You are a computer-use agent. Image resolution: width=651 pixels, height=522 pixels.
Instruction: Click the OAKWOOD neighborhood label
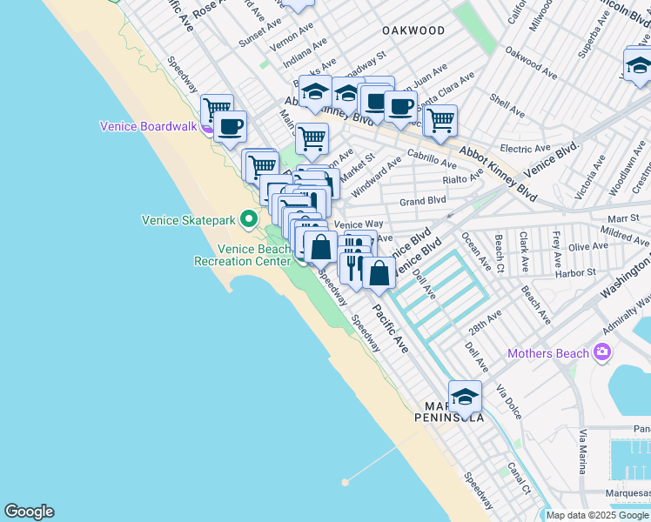(413, 30)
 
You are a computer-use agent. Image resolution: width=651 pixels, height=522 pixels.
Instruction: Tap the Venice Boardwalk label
(149, 125)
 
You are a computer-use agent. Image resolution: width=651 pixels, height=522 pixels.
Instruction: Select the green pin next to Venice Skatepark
(248, 218)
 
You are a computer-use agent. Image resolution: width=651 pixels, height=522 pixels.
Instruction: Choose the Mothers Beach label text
(548, 354)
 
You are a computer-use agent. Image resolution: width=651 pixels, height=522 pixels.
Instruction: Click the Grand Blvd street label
(422, 201)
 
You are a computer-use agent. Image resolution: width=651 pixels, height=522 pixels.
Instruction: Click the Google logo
(29, 512)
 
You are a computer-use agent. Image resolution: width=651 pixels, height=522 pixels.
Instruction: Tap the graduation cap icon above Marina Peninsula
(465, 396)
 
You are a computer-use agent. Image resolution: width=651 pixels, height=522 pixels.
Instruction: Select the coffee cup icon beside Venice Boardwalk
(230, 126)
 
